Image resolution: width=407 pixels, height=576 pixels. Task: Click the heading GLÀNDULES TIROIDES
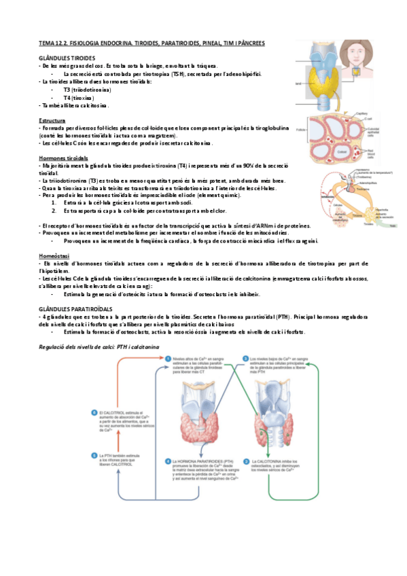[x=67, y=58]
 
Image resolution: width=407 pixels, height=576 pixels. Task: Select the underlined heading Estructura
[x=52, y=120]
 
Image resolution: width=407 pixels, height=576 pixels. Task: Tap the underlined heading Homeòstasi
[x=52, y=255]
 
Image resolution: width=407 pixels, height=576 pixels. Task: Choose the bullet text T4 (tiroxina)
[x=79, y=97]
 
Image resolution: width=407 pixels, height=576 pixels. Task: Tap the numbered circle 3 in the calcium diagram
[x=94, y=454]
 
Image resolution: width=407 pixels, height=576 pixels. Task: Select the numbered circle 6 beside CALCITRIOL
[x=94, y=413]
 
